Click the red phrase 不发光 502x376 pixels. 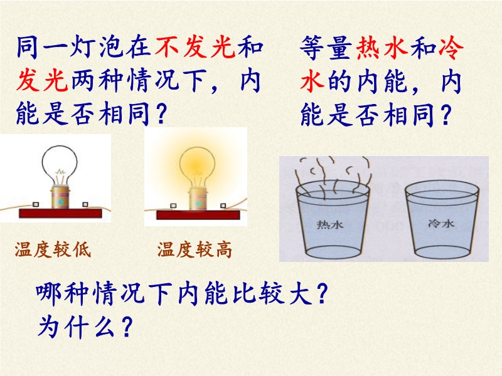click(195, 48)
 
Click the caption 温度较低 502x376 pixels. click(53, 249)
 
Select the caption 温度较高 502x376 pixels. click(195, 249)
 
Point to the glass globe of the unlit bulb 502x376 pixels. click(60, 164)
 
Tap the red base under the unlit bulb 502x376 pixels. click(60, 213)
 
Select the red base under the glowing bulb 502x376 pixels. click(198, 214)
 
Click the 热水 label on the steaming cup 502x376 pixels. click(330, 224)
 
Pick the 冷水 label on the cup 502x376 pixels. click(441, 223)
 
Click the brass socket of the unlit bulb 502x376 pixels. click(60, 197)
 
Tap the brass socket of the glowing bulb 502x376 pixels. click(198, 199)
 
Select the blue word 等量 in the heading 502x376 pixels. click(326, 48)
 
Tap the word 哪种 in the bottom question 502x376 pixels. click(62, 293)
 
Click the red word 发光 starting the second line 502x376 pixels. click(42, 80)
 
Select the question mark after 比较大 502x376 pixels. click(323, 293)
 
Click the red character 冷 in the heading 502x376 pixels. click(451, 48)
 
